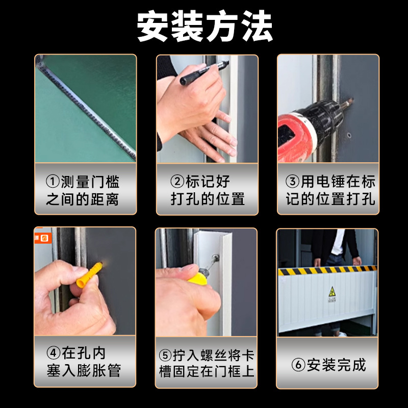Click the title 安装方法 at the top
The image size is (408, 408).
(204, 27)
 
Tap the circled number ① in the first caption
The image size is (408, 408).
(53, 182)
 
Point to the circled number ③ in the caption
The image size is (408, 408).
(292, 182)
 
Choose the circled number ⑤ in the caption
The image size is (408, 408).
(165, 354)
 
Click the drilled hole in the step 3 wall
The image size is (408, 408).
(349, 136)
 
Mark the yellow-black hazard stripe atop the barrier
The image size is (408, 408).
(326, 270)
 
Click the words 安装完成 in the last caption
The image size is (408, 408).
(337, 365)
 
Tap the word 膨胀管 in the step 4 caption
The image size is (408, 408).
(102, 370)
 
